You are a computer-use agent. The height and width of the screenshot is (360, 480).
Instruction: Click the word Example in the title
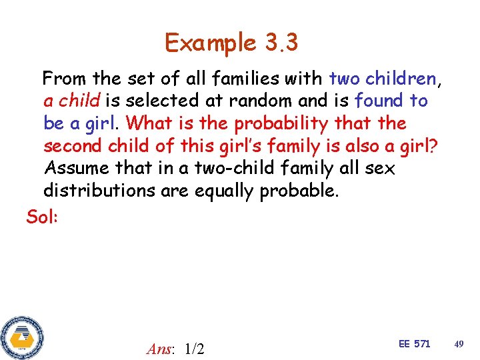pyautogui.click(x=210, y=43)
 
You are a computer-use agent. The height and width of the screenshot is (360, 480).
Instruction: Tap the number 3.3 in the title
pyautogui.click(x=281, y=43)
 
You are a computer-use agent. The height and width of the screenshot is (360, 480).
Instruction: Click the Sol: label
pyautogui.click(x=42, y=216)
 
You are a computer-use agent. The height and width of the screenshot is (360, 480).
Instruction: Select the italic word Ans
pyautogui.click(x=161, y=348)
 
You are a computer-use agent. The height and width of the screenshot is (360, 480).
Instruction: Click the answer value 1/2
pyautogui.click(x=194, y=348)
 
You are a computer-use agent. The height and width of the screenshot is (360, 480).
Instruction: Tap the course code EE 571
pyautogui.click(x=414, y=343)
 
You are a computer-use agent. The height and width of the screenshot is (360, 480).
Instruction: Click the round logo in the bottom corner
pyautogui.click(x=22, y=337)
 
